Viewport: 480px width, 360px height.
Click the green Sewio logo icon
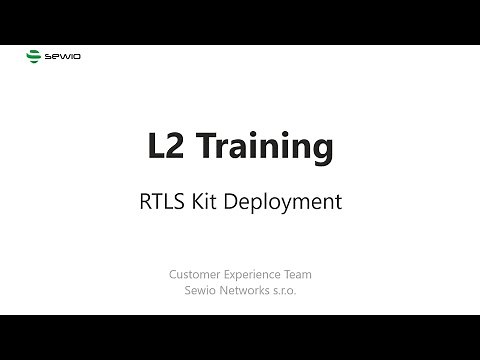tap(33, 57)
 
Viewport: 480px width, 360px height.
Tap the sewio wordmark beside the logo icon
tap(63, 57)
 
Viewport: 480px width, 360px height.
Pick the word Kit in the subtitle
tap(209, 201)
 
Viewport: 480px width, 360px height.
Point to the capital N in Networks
tap(226, 291)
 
